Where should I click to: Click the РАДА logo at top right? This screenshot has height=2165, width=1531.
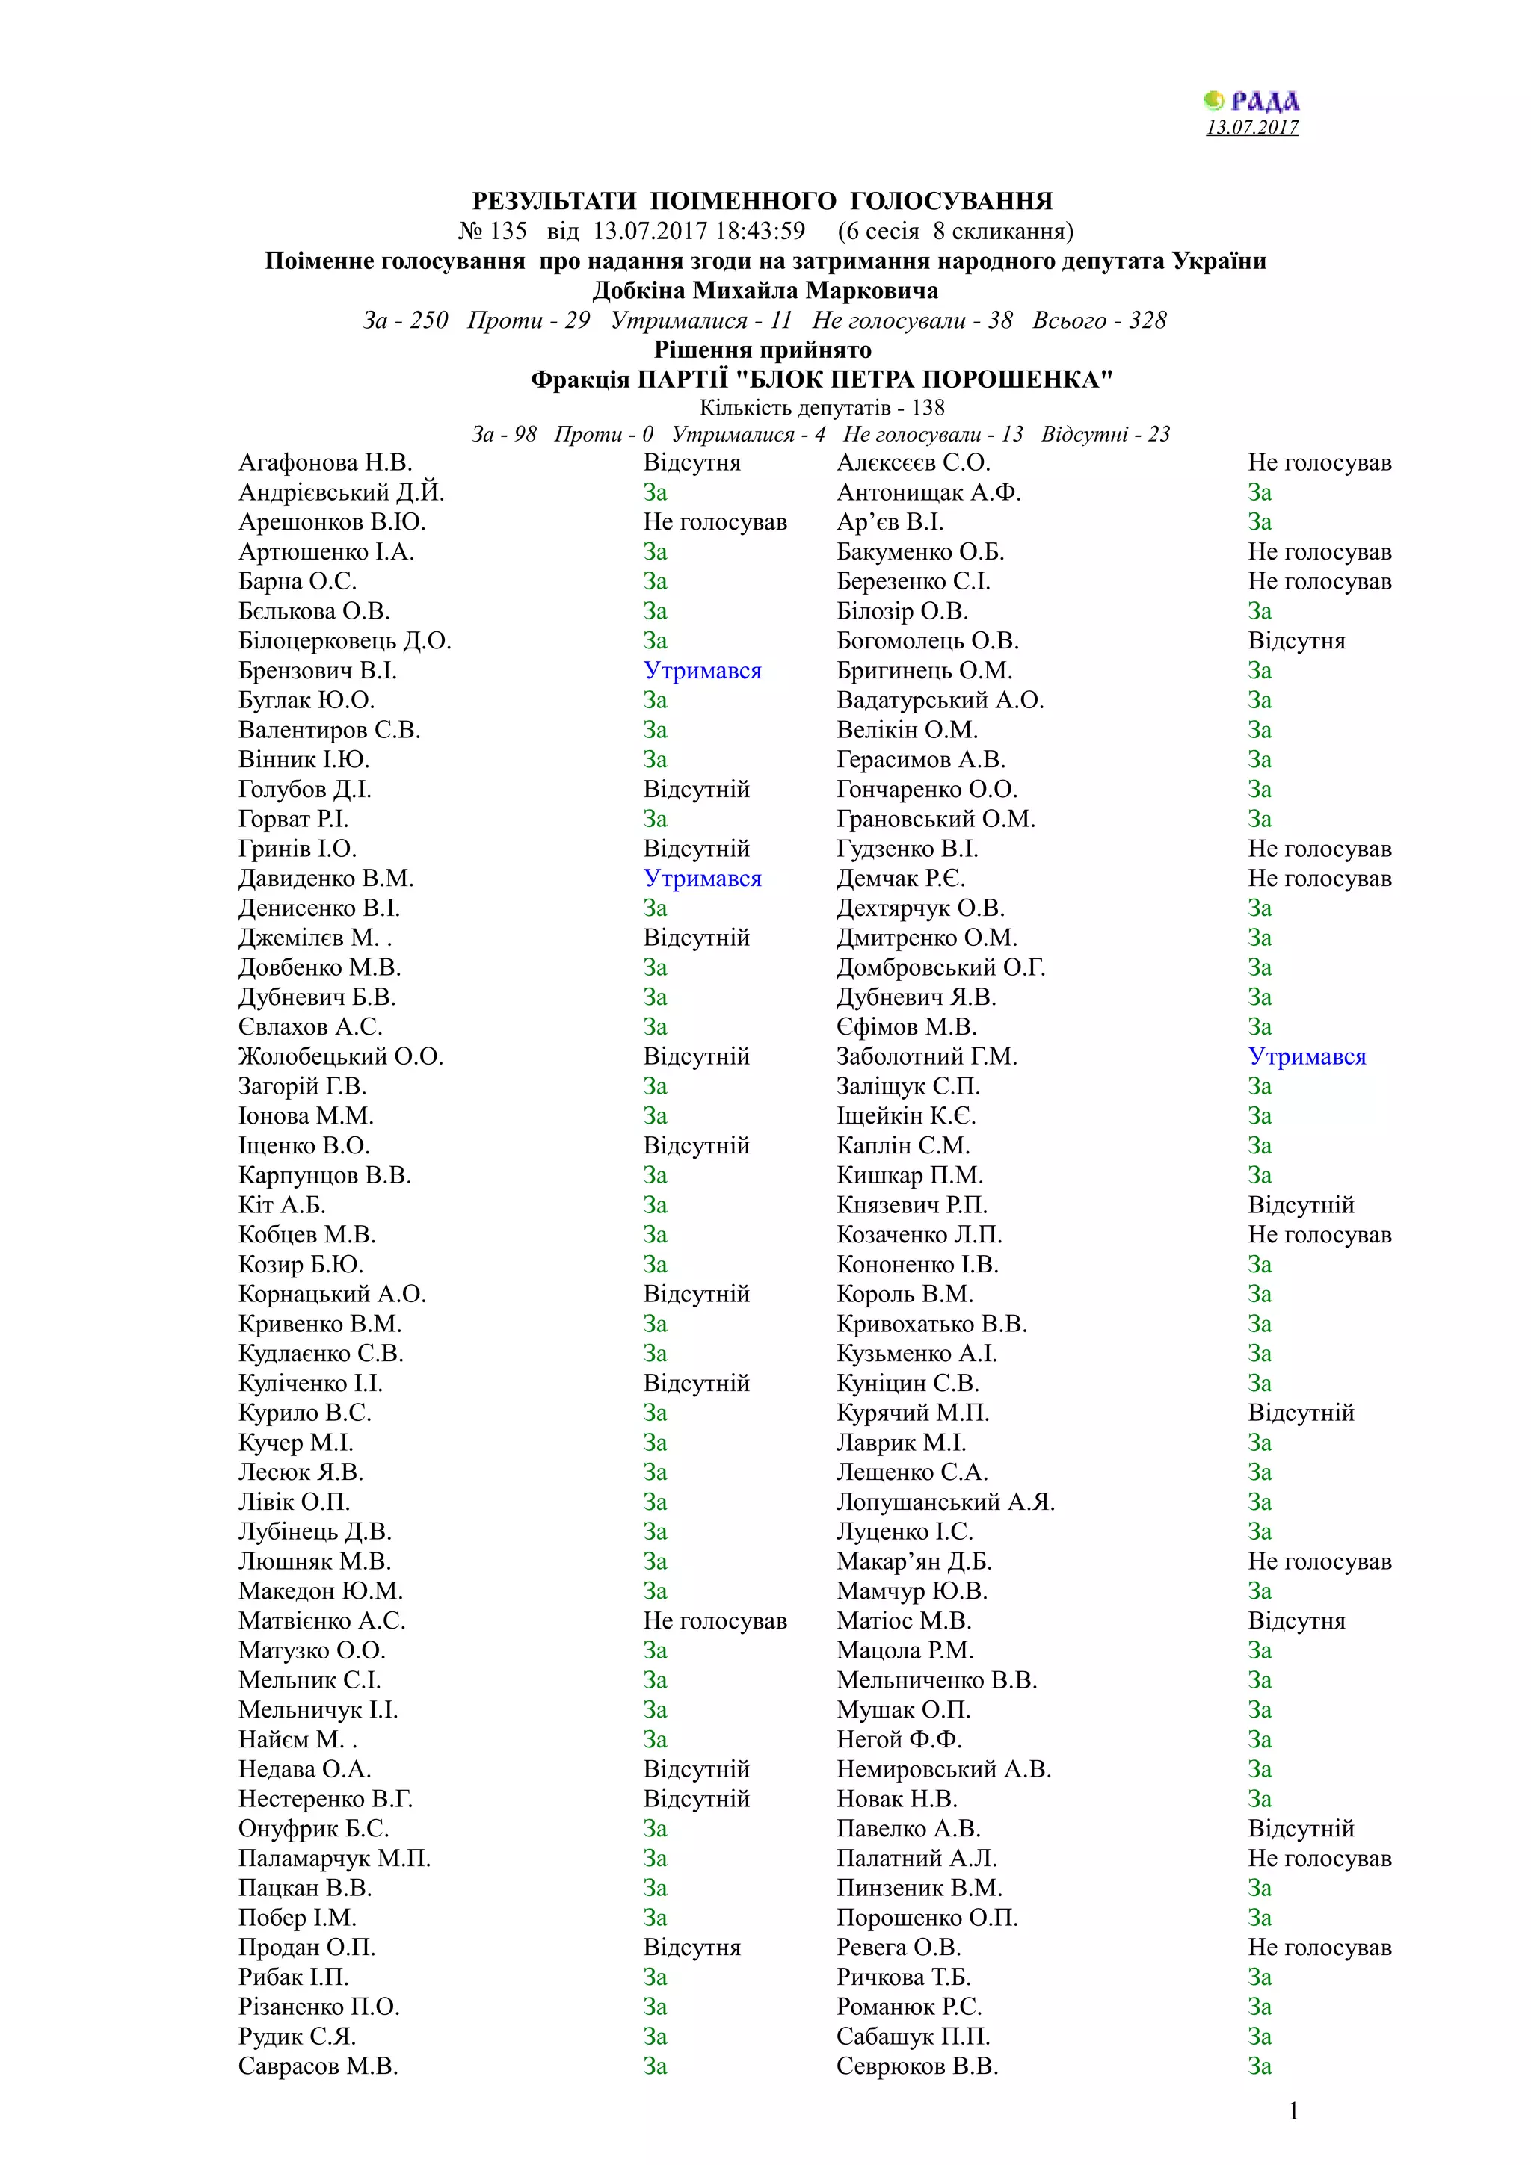click(1251, 101)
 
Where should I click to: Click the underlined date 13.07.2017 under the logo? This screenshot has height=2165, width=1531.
click(1251, 127)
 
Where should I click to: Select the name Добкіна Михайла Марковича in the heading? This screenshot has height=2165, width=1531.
click(765, 291)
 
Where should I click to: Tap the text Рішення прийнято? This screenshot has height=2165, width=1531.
click(763, 350)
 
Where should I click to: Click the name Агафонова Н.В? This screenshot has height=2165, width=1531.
click(325, 463)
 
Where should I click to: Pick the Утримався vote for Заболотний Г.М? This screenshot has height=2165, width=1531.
click(1307, 1056)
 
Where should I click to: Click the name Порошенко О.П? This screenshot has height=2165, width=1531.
click(926, 1917)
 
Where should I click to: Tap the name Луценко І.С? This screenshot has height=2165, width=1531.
click(904, 1531)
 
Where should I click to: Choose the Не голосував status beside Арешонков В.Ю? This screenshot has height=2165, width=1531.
click(714, 522)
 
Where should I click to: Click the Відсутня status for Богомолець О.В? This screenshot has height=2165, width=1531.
click(1296, 641)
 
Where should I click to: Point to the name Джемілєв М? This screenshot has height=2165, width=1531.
click(315, 938)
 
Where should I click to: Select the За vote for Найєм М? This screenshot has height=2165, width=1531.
click(655, 1740)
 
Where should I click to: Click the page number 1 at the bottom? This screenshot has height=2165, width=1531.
click(1293, 2111)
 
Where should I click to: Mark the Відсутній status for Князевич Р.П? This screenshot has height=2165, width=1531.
click(1300, 1205)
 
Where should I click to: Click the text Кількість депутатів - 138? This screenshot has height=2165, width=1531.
click(822, 407)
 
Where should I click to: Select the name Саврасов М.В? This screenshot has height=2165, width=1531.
click(318, 2066)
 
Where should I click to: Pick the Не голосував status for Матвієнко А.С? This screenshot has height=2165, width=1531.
click(714, 1621)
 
